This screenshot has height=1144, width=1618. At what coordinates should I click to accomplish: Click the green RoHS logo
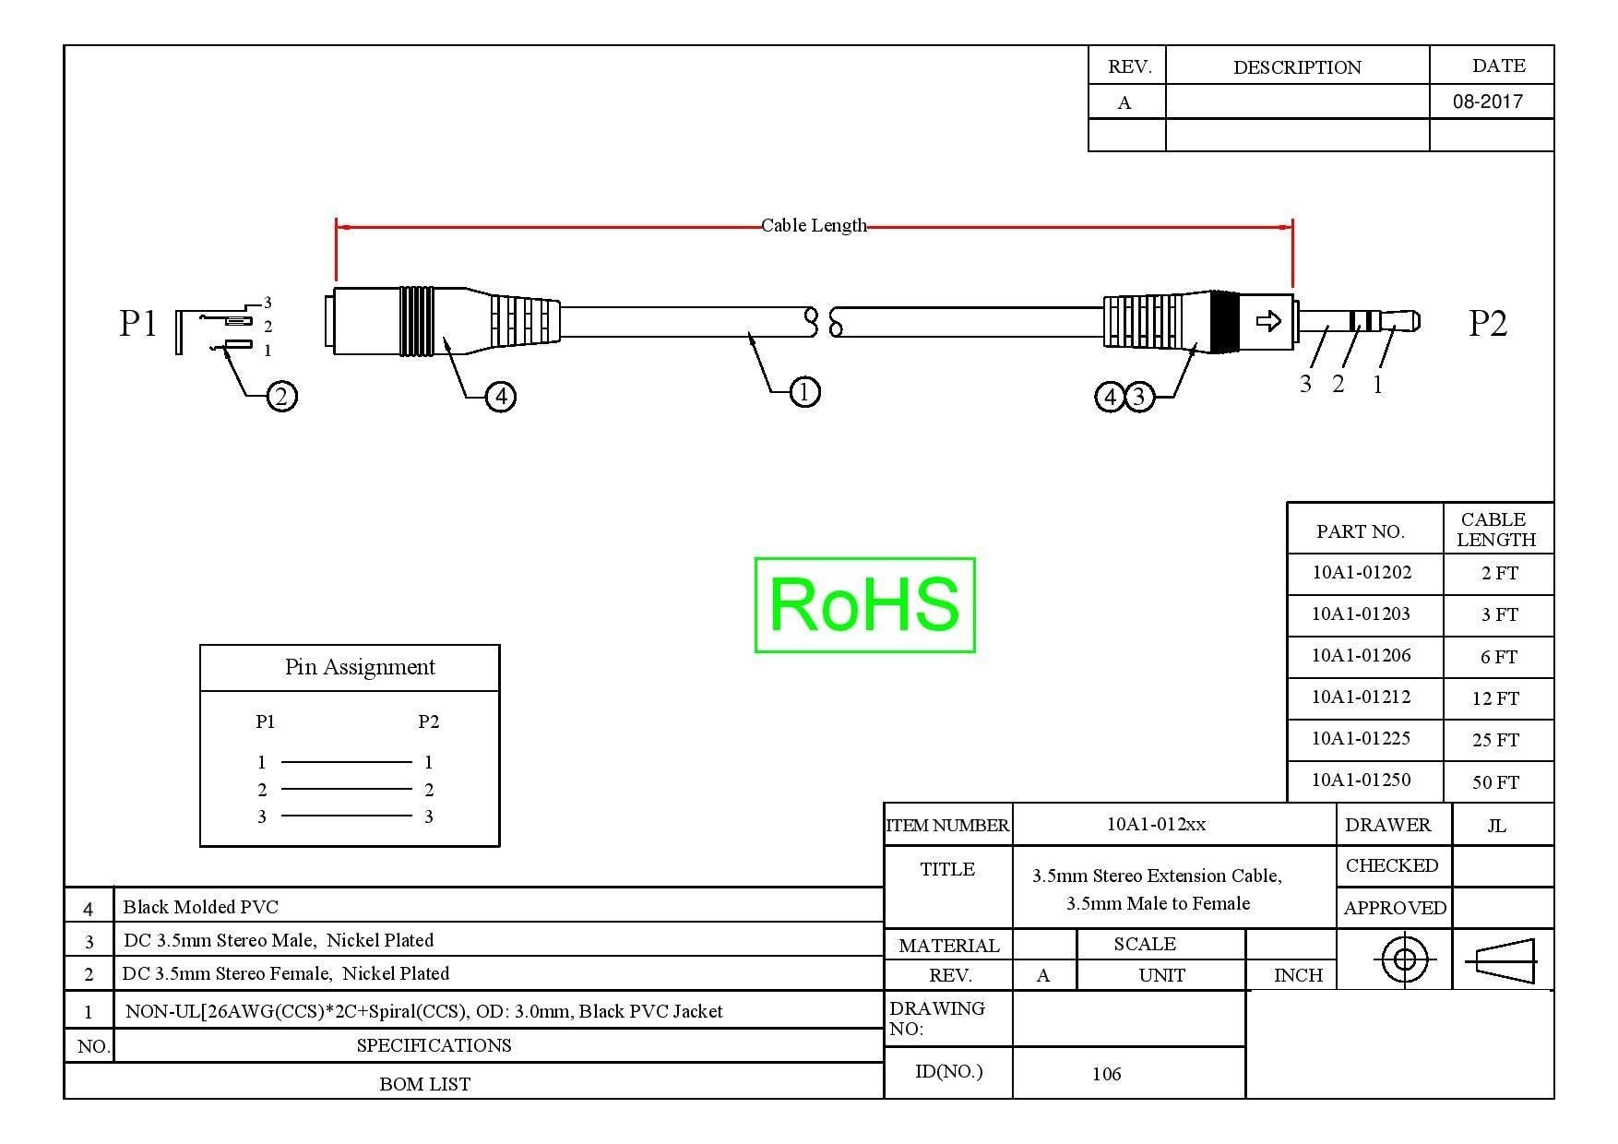point(864,605)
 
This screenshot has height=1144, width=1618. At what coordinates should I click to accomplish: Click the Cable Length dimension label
point(814,225)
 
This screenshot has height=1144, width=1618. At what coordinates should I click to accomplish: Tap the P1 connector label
point(138,324)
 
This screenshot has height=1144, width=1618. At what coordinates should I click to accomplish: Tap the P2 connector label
point(1487,324)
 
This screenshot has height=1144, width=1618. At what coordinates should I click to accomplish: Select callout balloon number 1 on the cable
point(804,392)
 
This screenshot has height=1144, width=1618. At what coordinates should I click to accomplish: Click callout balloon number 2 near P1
point(281,397)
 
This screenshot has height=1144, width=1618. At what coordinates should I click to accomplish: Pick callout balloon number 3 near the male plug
point(1139,397)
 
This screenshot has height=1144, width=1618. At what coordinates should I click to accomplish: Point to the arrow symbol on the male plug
point(1269,321)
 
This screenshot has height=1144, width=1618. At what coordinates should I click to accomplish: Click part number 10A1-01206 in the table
point(1362,656)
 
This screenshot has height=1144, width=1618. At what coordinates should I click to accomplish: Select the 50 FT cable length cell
point(1495,782)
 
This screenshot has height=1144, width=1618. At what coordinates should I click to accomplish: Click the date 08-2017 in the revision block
point(1488,101)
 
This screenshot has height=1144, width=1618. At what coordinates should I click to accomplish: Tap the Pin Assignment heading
point(360,667)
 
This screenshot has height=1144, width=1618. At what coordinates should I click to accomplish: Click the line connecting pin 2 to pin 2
point(346,789)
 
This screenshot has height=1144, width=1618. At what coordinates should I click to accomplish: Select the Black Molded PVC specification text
point(201,907)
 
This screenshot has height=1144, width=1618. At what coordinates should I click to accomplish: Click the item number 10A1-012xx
point(1156,825)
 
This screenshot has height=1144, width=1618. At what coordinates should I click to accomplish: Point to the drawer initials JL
point(1496,826)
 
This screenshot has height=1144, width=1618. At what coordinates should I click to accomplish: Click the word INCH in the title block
point(1298,975)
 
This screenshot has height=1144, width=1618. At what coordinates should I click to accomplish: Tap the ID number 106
point(1106,1074)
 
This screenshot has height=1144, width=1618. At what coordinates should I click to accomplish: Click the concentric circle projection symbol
point(1404,960)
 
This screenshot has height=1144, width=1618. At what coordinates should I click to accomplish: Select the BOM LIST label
point(424,1084)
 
